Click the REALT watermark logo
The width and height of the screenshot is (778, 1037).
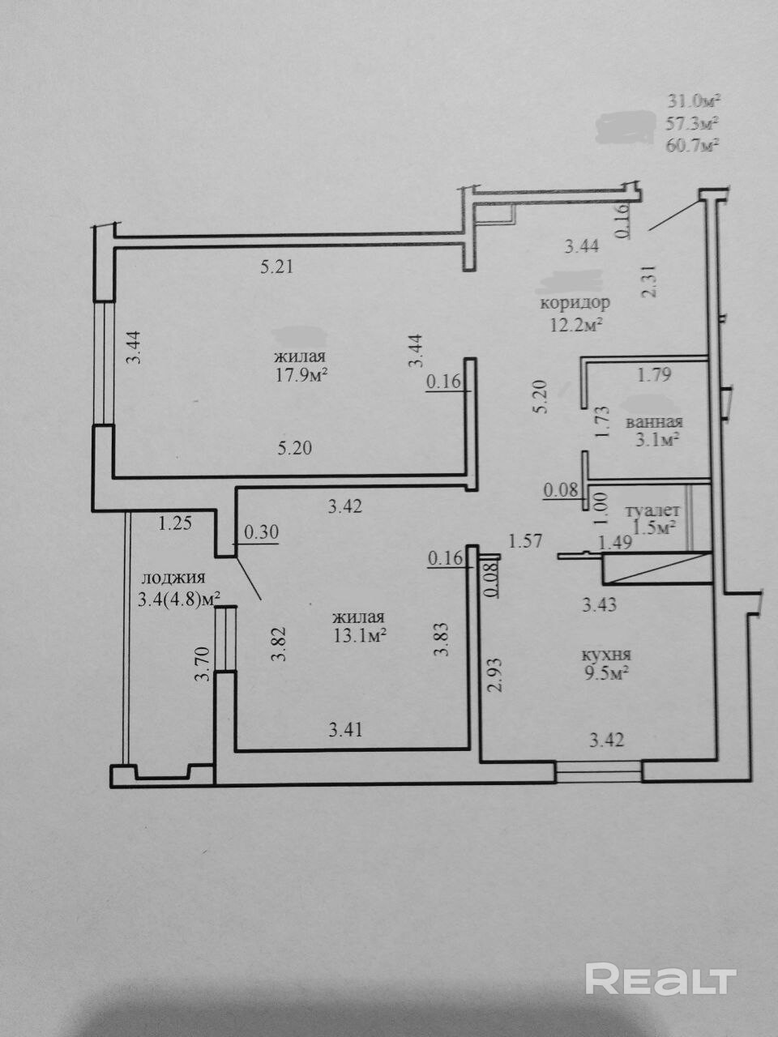coord(660,979)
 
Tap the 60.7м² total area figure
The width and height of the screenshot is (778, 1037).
coord(694,146)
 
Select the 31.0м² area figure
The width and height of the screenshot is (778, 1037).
coord(694,101)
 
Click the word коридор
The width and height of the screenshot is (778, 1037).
coord(575,303)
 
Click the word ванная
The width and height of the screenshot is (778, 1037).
coord(654,421)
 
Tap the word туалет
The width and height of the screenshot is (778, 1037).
coord(652,511)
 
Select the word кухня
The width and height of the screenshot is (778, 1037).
coord(606,655)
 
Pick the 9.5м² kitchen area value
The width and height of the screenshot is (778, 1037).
coord(606,673)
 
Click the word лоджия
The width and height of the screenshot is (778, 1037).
coord(173,578)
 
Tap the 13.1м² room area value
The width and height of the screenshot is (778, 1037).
coord(357,636)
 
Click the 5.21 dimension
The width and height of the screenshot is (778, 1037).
coord(276,267)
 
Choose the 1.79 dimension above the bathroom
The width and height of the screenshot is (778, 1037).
coord(654,375)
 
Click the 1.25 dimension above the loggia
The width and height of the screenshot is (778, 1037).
coord(174,523)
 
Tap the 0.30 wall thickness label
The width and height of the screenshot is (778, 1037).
coord(260,532)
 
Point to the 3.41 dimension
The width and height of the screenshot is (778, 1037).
coord(345,730)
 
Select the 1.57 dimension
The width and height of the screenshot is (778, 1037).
coord(524,541)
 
